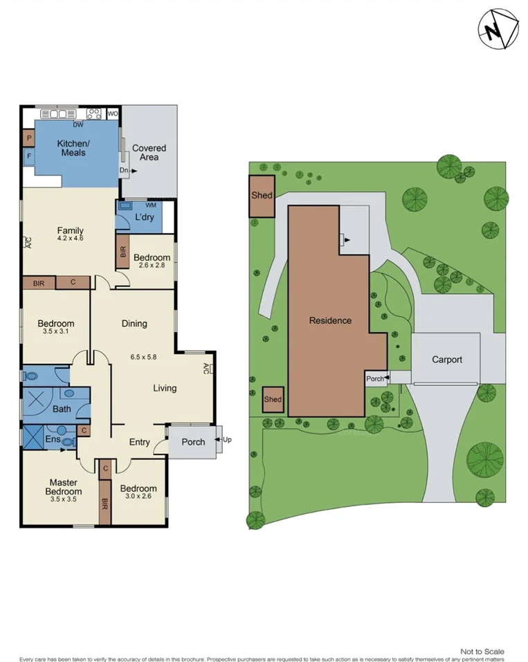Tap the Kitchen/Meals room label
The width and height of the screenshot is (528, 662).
pos(73,147)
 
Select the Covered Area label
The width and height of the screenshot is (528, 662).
pos(149,152)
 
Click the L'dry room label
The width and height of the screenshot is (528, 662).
pos(144,217)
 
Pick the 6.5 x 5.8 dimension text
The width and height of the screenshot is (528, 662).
pos(143,357)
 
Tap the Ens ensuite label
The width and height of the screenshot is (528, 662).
pos(53,438)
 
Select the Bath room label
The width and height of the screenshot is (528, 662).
pos(62,410)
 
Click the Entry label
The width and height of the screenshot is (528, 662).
pos(140,442)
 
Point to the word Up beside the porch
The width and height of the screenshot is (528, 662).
pos(228,439)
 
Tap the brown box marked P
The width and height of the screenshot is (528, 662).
pos(29,138)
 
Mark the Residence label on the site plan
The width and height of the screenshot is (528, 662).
pos(330,320)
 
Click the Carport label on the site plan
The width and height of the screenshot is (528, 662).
pos(447,360)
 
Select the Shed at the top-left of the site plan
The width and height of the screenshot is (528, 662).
pos(262,196)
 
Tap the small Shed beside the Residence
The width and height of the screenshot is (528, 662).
pos(273,399)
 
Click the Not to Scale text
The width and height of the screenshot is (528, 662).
pos(482,651)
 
